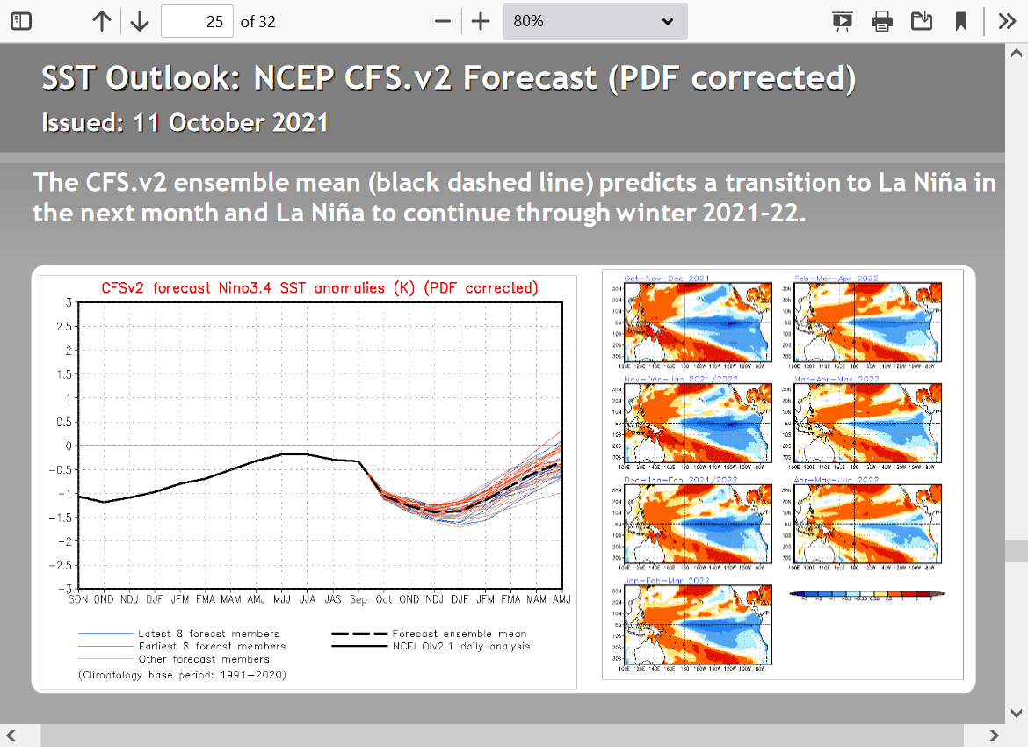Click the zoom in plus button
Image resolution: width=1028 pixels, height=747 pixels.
pyautogui.click(x=480, y=21)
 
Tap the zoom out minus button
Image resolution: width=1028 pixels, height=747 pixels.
pyautogui.click(x=443, y=21)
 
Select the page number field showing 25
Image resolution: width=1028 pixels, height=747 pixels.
pyautogui.click(x=198, y=21)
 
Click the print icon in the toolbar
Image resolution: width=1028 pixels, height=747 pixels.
pyautogui.click(x=882, y=21)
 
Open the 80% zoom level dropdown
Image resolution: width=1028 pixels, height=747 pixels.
pyautogui.click(x=595, y=21)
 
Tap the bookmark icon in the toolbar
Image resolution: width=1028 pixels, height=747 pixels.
pyautogui.click(x=961, y=21)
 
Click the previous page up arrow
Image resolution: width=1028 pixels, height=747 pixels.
pyautogui.click(x=102, y=21)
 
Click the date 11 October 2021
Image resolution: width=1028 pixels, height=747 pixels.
pyautogui.click(x=230, y=123)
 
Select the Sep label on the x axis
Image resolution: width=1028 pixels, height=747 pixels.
pyautogui.click(x=358, y=599)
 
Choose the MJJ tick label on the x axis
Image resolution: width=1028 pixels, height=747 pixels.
pyautogui.click(x=281, y=599)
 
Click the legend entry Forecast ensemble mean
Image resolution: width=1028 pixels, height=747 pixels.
pyautogui.click(x=459, y=634)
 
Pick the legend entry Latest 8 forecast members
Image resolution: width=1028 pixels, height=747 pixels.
pyautogui.click(x=208, y=634)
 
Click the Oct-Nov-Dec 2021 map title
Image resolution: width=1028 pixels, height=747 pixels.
pyautogui.click(x=667, y=279)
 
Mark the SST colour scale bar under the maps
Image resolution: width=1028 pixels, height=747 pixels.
pyautogui.click(x=867, y=594)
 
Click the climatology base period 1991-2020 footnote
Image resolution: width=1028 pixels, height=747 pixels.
pyautogui.click(x=182, y=675)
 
